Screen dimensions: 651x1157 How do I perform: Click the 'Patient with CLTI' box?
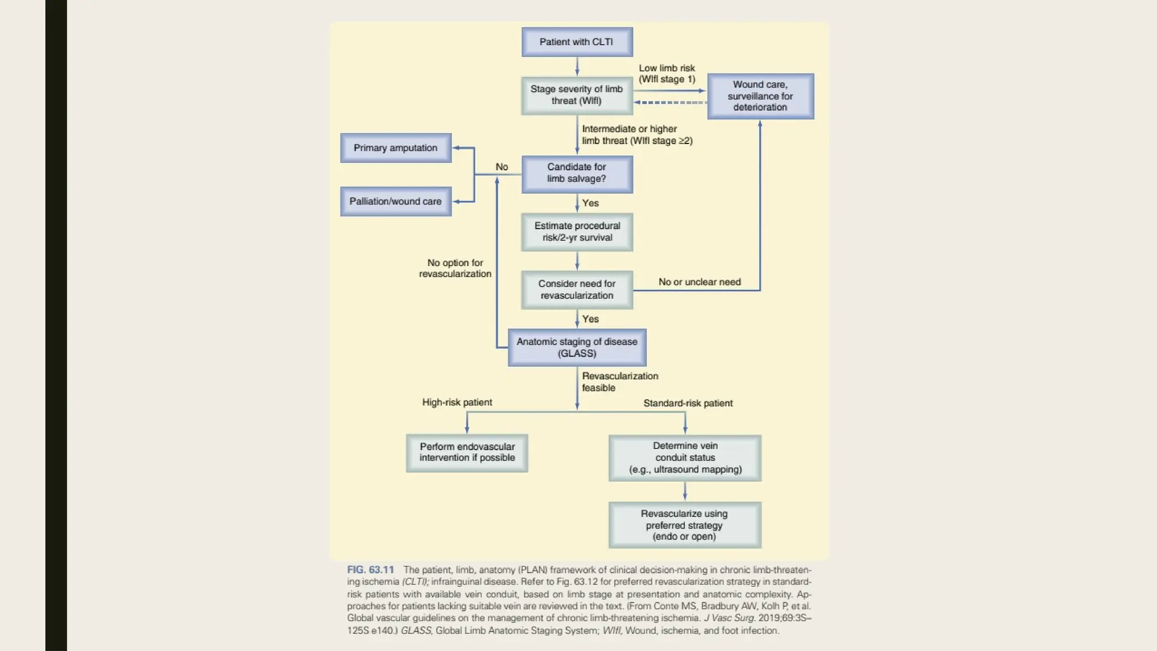(x=577, y=42)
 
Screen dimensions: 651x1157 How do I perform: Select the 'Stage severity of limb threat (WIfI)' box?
(x=577, y=96)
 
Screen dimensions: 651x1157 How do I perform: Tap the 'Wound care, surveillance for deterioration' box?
(x=760, y=96)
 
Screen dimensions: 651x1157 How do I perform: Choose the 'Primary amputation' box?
(x=395, y=148)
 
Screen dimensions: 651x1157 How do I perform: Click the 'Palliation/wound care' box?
(x=395, y=201)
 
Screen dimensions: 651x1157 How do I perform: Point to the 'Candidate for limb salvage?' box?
(x=577, y=173)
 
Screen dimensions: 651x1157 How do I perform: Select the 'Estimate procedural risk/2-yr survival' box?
(x=577, y=232)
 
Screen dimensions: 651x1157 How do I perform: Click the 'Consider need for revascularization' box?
(x=577, y=289)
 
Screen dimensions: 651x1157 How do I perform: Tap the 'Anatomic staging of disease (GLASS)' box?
(x=577, y=348)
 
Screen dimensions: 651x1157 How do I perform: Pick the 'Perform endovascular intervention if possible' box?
(x=467, y=453)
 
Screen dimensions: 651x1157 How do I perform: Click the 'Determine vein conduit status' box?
(x=685, y=458)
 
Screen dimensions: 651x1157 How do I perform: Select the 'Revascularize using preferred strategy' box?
(x=685, y=525)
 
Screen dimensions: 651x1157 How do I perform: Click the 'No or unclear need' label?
(x=699, y=282)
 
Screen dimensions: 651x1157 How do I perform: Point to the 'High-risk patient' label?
(x=457, y=402)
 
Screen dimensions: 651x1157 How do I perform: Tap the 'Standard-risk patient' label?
(x=688, y=403)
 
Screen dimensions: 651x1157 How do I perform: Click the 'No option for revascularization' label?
(x=455, y=268)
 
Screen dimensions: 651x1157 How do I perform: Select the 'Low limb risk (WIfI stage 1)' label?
(x=667, y=73)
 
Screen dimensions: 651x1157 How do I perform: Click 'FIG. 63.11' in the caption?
(x=370, y=570)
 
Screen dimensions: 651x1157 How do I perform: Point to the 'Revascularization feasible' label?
(x=619, y=382)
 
